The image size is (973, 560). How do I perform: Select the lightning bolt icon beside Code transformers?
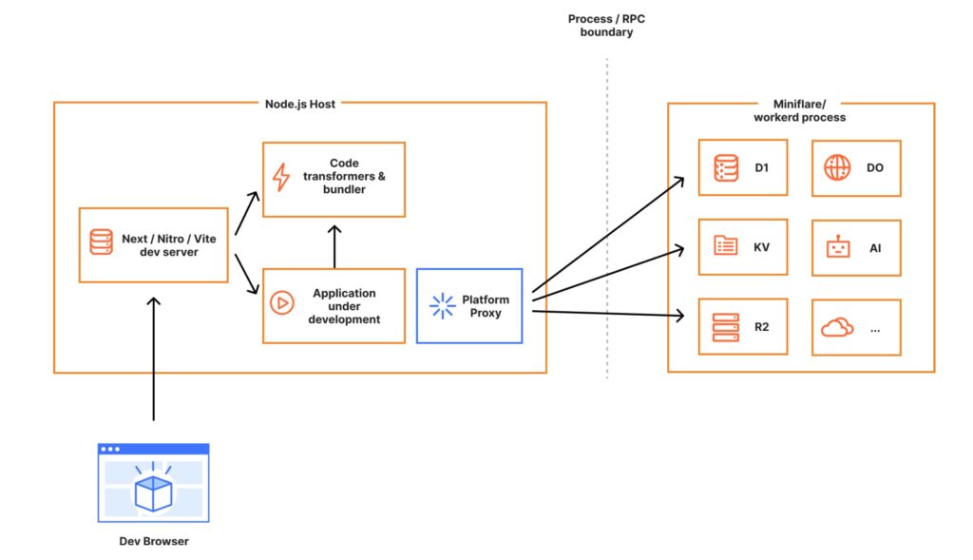[281, 177]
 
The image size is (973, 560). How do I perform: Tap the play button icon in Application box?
[281, 303]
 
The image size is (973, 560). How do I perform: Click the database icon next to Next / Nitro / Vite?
[101, 242]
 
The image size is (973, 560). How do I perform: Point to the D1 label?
[761, 167]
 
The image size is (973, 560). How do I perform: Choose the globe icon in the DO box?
[837, 167]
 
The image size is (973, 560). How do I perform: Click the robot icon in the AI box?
[838, 247]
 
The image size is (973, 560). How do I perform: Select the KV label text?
[761, 247]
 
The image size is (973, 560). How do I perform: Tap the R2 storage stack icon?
[725, 327]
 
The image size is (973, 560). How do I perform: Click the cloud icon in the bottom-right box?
[837, 327]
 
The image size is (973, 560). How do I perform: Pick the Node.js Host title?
[299, 104]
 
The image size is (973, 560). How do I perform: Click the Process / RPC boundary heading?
[606, 26]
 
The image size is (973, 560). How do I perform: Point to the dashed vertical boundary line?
[607, 219]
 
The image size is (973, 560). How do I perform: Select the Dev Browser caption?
[154, 541]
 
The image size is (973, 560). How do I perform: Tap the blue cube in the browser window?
[153, 492]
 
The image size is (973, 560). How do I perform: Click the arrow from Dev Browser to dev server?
[153, 358]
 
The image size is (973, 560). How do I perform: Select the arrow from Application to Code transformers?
[334, 246]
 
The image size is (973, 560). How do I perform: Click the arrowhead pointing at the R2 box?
[679, 316]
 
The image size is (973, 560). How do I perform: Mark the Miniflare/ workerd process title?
[799, 110]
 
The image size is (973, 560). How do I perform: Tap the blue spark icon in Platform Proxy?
[443, 305]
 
